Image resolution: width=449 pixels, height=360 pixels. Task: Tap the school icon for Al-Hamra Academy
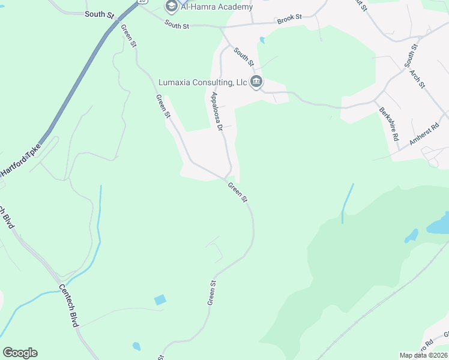171,6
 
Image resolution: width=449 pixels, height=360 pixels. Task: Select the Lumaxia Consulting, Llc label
202,82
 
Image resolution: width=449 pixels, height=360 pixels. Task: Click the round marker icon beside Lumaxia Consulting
256,82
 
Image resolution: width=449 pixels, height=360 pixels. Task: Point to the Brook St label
289,20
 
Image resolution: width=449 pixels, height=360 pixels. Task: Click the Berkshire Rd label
389,124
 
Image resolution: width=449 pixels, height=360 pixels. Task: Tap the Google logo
20,353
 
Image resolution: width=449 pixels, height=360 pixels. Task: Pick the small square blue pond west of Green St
160,300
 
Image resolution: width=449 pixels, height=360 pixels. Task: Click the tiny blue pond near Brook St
262,40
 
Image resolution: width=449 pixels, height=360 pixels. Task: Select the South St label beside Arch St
411,56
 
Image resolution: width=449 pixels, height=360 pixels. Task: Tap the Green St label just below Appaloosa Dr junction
238,192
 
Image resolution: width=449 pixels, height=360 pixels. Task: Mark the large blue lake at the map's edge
438,225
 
